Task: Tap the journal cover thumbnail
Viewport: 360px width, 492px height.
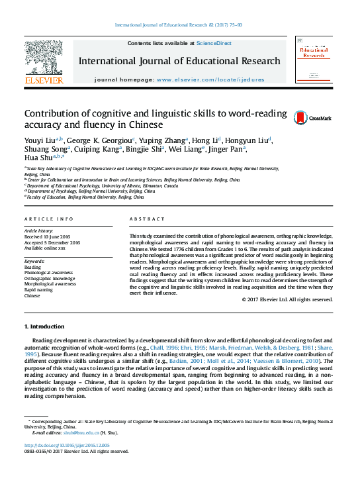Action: point(314,60)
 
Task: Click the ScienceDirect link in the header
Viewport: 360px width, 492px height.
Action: point(213,43)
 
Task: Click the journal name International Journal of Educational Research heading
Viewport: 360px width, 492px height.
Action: point(179,61)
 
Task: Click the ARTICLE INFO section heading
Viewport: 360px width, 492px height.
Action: point(49,219)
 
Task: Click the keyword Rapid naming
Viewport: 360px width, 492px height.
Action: point(39,289)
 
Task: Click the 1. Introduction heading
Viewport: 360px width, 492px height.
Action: point(44,326)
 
